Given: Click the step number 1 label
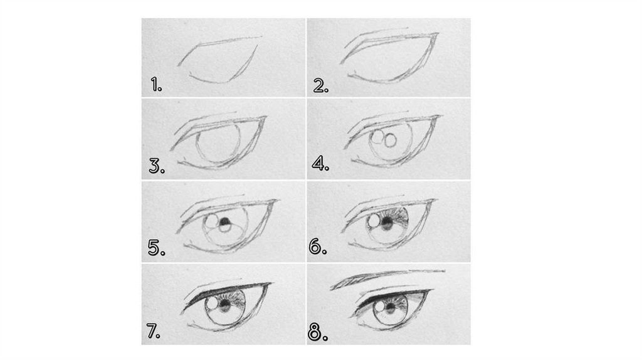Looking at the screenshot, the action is click(156, 85).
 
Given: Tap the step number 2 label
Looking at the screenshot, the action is click(320, 85).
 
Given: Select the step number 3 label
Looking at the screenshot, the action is click(157, 166).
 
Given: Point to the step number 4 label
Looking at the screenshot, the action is click(320, 164).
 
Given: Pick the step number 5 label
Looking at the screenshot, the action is click(156, 248).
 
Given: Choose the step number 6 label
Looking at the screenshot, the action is click(318, 246).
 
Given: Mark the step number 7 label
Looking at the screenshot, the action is click(153, 331).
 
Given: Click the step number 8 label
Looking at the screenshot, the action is click(318, 333).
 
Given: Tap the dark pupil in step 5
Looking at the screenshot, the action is click(225, 223).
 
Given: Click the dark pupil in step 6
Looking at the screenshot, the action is click(387, 223).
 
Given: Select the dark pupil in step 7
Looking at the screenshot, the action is click(225, 304).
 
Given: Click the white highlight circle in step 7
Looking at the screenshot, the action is click(213, 304).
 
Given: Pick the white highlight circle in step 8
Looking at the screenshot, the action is click(379, 307).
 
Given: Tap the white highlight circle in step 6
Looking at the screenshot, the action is click(374, 221).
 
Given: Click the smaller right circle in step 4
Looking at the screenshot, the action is click(391, 140).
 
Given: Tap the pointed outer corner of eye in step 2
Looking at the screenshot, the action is click(438, 34).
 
